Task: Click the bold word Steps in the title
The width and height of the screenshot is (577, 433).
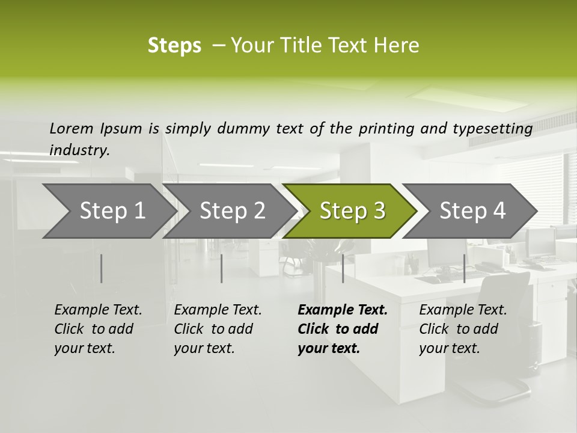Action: click(174, 46)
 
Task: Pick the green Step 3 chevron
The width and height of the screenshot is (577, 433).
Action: click(351, 211)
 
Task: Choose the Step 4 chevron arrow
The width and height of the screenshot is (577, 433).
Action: click(471, 211)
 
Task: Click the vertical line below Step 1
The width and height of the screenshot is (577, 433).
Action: click(102, 268)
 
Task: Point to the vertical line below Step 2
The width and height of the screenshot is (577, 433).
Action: click(222, 268)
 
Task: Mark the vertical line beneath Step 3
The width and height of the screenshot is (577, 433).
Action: click(343, 268)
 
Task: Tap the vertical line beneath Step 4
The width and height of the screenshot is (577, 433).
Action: click(464, 268)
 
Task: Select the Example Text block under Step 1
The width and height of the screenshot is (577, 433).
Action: click(98, 329)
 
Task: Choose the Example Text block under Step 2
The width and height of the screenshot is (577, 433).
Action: click(218, 329)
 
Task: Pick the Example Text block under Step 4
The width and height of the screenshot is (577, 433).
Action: click(463, 329)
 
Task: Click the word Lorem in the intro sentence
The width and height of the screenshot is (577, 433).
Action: click(72, 128)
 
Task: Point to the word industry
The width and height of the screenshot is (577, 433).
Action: click(79, 150)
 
